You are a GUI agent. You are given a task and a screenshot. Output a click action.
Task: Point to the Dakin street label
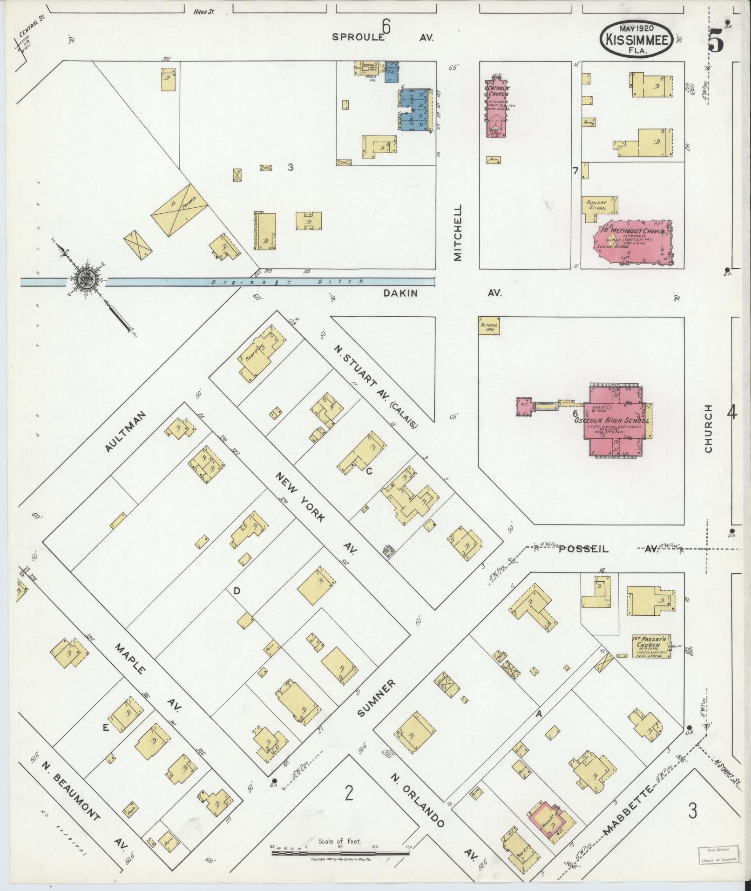point(400,293)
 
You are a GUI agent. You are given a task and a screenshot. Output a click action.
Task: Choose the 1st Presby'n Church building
point(651,646)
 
